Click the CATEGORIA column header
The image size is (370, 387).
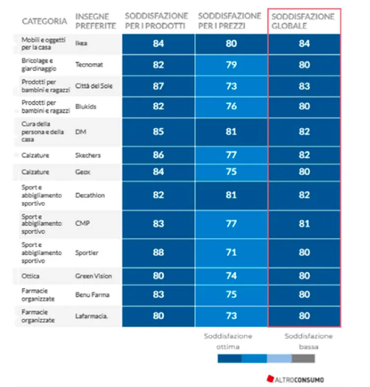[x=44, y=21]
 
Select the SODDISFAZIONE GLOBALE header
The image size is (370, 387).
[x=303, y=21]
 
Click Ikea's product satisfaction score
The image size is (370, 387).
[x=158, y=44]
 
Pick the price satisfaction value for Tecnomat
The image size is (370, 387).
[x=231, y=65]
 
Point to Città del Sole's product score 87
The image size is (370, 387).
[x=158, y=86]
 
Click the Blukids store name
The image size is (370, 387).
[x=86, y=106]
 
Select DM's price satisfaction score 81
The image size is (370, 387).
[x=231, y=132]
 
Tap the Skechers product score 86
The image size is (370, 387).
[x=158, y=155]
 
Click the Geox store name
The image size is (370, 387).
[x=82, y=172]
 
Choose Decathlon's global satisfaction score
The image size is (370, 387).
[x=304, y=195]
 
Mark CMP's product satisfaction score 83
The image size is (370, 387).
[x=158, y=224]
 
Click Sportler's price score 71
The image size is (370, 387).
[x=231, y=253]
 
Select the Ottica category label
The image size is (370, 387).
[x=30, y=276]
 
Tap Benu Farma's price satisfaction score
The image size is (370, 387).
[x=231, y=295]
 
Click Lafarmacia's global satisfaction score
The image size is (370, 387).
[x=304, y=316]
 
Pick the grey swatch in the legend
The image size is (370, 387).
[x=303, y=358]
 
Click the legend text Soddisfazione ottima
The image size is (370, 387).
[x=228, y=341]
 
